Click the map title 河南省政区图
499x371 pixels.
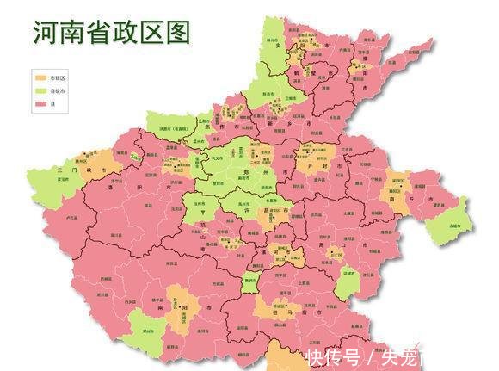pos(112,33)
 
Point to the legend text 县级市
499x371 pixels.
pos(58,90)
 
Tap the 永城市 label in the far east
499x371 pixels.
pos(454,226)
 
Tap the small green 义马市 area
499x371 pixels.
pos(134,156)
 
